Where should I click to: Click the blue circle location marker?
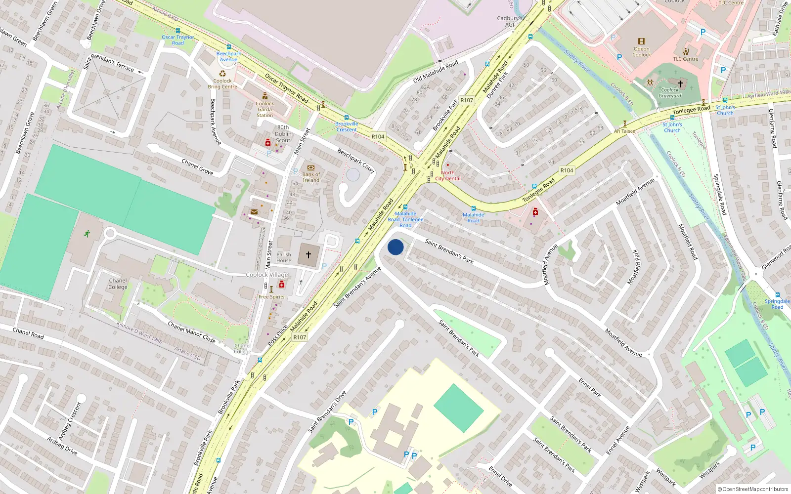[395, 247]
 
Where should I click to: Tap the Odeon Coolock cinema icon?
[642, 41]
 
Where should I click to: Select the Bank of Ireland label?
[311, 177]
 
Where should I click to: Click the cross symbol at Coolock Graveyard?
[680, 83]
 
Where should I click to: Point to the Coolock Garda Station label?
[264, 110]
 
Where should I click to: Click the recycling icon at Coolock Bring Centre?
[222, 74]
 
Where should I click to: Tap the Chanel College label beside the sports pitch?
[118, 284]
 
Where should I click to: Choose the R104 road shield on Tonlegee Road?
[567, 170]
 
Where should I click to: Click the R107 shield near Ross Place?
[300, 337]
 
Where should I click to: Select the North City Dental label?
[448, 176]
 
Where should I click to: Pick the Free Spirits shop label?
[271, 297]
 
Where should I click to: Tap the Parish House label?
[284, 257]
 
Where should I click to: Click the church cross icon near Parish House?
[308, 255]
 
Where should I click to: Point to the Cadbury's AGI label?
[509, 21]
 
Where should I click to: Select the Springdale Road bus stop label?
[777, 304]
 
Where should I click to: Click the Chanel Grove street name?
[197, 167]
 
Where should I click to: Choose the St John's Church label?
[725, 110]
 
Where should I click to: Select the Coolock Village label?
[267, 275]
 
